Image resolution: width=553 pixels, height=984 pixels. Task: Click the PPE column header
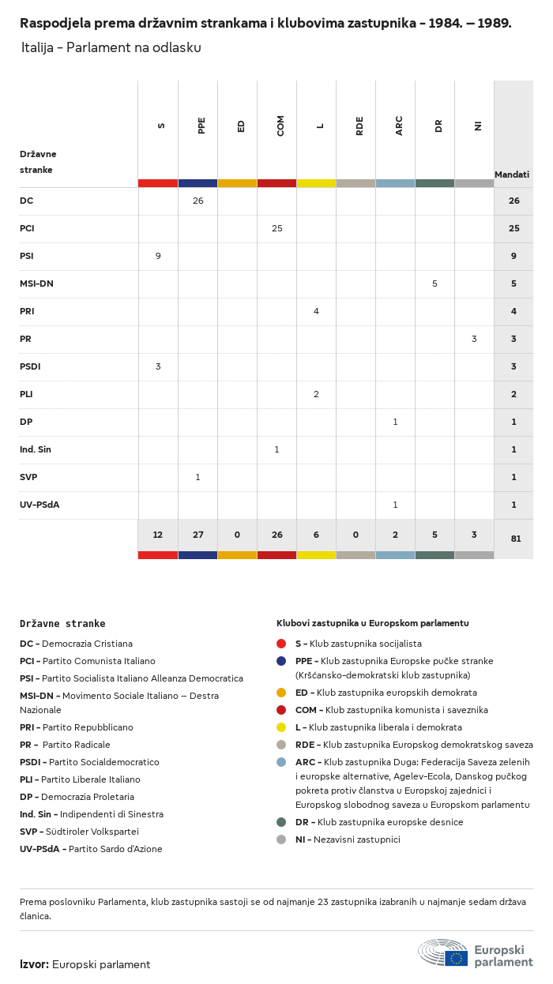pos(201,126)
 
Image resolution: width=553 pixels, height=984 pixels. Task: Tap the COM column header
pos(280,126)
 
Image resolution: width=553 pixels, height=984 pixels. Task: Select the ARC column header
pos(399,126)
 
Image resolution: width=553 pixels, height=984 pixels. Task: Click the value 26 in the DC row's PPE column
pos(197,201)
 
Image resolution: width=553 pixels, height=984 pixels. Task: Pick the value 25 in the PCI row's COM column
pos(277,228)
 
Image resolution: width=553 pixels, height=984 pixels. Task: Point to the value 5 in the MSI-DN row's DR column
pos(434,284)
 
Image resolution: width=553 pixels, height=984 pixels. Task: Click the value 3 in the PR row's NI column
pos(474,339)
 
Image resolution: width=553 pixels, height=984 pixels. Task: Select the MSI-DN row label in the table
pos(36,284)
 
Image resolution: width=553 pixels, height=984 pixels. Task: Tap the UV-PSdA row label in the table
pos(39,505)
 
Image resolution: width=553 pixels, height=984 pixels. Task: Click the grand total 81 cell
pos(516,539)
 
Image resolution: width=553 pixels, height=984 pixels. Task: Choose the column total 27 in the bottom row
pos(197,535)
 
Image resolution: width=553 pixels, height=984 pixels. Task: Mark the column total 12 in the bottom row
pos(158,535)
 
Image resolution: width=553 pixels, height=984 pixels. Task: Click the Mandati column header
pos(512,175)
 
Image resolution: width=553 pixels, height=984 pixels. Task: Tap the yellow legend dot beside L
pos(281,727)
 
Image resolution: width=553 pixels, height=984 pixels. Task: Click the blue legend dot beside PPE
pos(281,661)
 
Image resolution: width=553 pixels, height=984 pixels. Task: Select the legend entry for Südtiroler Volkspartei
pos(79,832)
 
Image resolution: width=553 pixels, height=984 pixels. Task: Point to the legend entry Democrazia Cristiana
pos(76,644)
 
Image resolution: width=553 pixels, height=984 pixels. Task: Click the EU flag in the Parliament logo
pos(457,959)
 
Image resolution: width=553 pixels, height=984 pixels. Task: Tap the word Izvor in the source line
pos(34,965)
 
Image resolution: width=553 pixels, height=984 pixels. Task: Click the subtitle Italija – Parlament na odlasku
pos(111,47)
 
